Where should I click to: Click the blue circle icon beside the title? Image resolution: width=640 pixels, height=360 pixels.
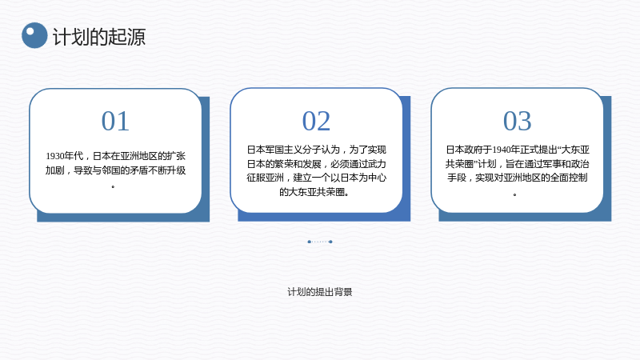[x=34, y=35]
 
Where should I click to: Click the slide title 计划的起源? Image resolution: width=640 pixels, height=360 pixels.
[x=99, y=37]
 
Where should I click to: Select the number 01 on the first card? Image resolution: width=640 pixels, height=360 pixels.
[x=115, y=122]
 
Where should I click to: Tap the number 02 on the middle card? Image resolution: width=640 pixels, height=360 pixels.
[x=316, y=122]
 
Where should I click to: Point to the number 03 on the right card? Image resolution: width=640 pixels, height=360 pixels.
[x=517, y=122]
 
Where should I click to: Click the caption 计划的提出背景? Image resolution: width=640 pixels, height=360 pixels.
[x=320, y=292]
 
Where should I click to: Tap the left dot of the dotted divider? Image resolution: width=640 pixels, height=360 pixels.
[x=309, y=242]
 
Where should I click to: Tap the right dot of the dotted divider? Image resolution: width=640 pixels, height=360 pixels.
[x=330, y=242]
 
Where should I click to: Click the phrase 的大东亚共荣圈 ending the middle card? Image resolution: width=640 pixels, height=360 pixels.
[x=312, y=192]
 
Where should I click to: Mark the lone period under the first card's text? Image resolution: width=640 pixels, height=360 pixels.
[x=113, y=186]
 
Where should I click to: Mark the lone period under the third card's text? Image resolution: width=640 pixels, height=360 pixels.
[x=514, y=194]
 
